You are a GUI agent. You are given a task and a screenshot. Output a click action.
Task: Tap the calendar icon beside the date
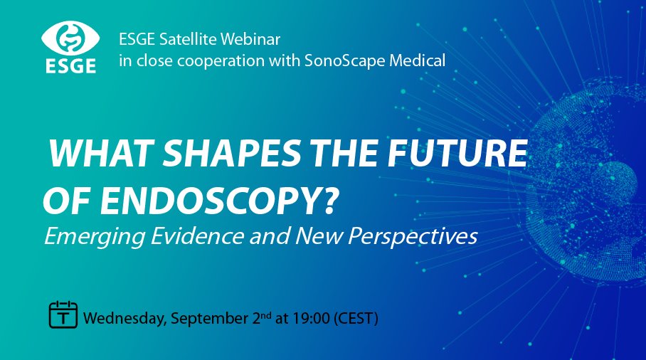pos(63,314)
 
